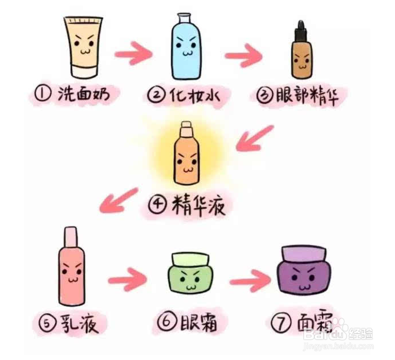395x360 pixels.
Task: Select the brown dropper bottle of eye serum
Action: point(301,57)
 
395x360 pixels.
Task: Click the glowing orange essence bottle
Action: point(185,157)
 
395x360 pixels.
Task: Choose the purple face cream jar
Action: point(303,274)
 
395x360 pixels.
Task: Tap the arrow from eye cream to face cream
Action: point(249,279)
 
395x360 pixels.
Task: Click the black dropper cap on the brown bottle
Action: point(300,29)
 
